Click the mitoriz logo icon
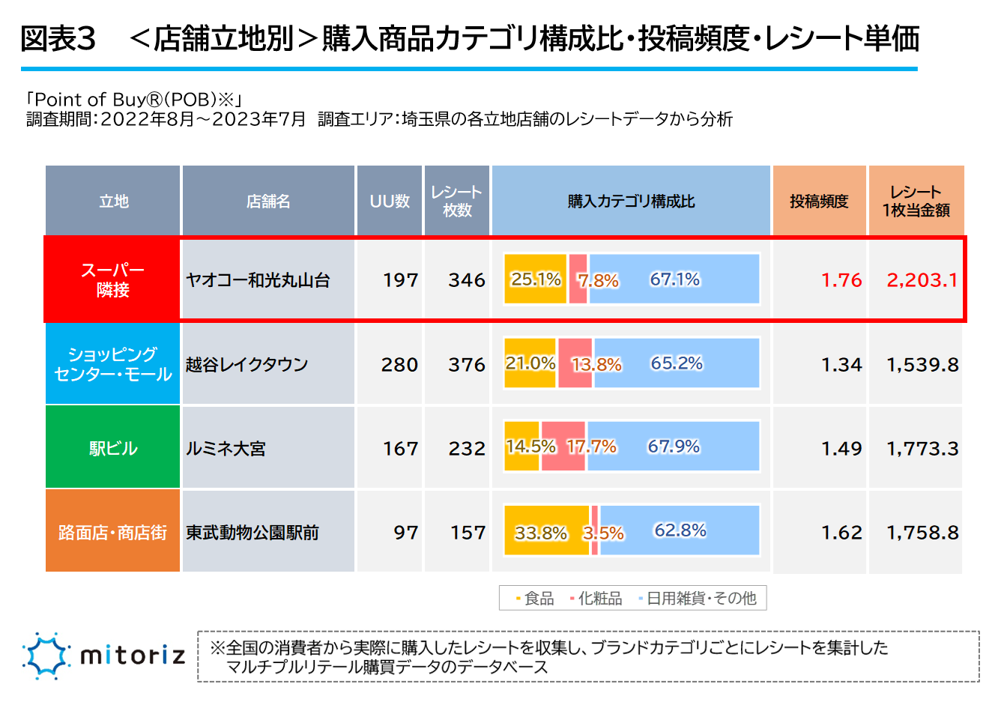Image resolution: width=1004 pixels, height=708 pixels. coord(46,656)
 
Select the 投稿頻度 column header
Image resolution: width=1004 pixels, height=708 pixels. coord(819,201)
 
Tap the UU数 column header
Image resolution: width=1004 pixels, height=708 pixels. coord(390,201)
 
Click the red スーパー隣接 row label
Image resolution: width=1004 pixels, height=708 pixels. coord(112,280)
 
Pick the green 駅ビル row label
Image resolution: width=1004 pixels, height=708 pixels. coord(112,448)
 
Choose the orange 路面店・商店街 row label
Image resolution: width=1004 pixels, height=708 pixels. coord(112,532)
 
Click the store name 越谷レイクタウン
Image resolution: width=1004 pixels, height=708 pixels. coord(247,365)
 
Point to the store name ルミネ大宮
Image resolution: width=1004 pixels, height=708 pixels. coord(226,449)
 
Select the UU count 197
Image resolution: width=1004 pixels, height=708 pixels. coord(400,280)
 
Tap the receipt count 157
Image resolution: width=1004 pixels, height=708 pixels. coord(468,532)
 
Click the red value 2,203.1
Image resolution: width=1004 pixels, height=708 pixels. coord(922,280)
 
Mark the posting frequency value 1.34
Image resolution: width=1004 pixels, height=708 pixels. coord(841,365)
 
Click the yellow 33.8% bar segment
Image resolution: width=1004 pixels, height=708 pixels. coord(546,530)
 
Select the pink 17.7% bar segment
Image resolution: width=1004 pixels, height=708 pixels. coord(563,447)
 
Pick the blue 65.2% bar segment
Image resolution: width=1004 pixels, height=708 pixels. coord(677,363)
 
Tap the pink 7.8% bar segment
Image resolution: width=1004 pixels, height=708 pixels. coord(578,279)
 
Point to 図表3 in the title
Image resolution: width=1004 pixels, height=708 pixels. coord(58,39)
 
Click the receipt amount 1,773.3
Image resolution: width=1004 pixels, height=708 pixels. coord(922,449)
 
